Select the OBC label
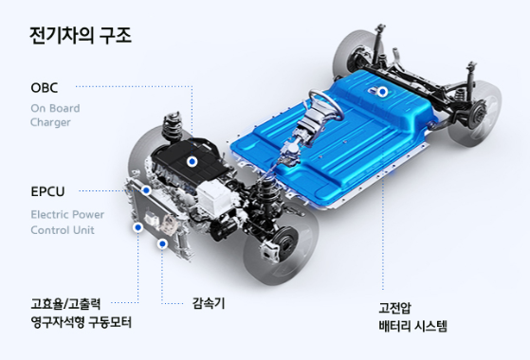pyautogui.click(x=46, y=88)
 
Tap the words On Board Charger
pyautogui.click(x=62, y=115)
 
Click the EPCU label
pyautogui.click(x=49, y=190)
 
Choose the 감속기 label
pyautogui.click(x=207, y=304)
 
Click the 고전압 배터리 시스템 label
pyautogui.click(x=412, y=315)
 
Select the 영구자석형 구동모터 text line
pyautogui.click(x=81, y=323)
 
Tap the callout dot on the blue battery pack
pyautogui.click(x=381, y=93)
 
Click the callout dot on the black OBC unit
pyautogui.click(x=192, y=162)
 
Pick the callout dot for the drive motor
pyautogui.click(x=138, y=227)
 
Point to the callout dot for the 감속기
pyautogui.click(x=163, y=243)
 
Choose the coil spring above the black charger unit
pyautogui.click(x=174, y=125)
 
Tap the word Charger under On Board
pyautogui.click(x=49, y=122)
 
